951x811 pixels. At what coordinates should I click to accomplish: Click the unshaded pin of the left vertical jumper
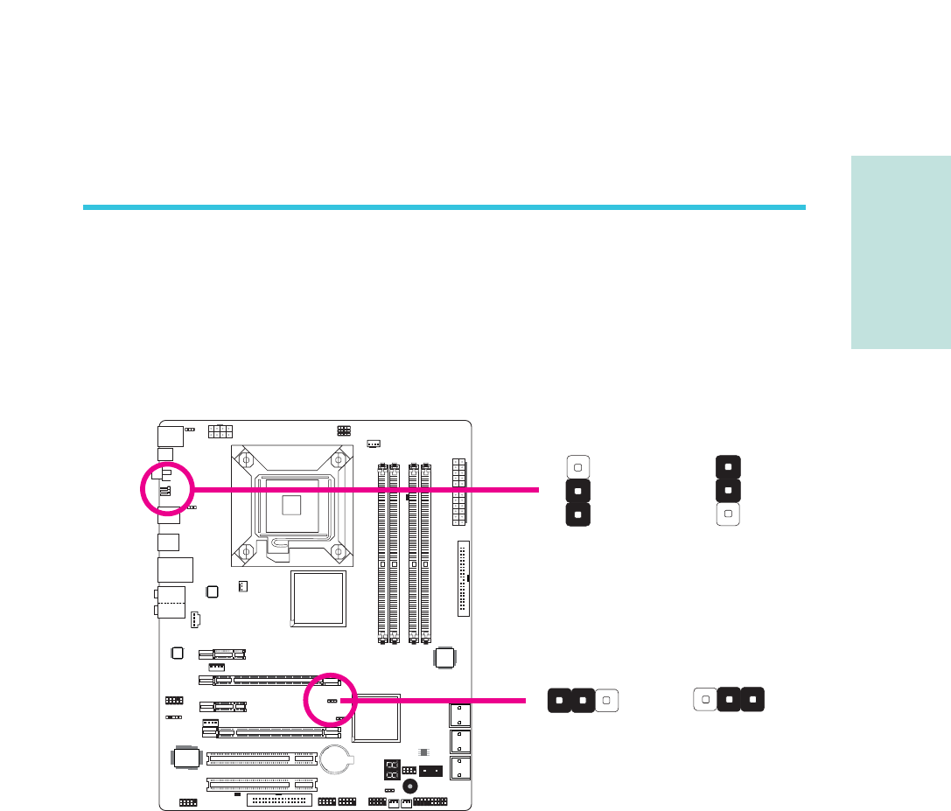tap(578, 465)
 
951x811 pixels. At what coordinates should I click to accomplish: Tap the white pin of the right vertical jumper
tap(728, 514)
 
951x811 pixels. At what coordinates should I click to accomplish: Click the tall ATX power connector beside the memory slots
tap(458, 492)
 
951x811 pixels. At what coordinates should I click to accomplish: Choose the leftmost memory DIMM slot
tap(382, 551)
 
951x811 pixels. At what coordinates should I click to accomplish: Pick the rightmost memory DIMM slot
tap(425, 551)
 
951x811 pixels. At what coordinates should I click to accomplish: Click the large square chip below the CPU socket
tap(318, 600)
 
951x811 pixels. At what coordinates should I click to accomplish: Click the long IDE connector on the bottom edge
tap(279, 800)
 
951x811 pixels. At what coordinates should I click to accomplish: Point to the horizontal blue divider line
tap(444, 207)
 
